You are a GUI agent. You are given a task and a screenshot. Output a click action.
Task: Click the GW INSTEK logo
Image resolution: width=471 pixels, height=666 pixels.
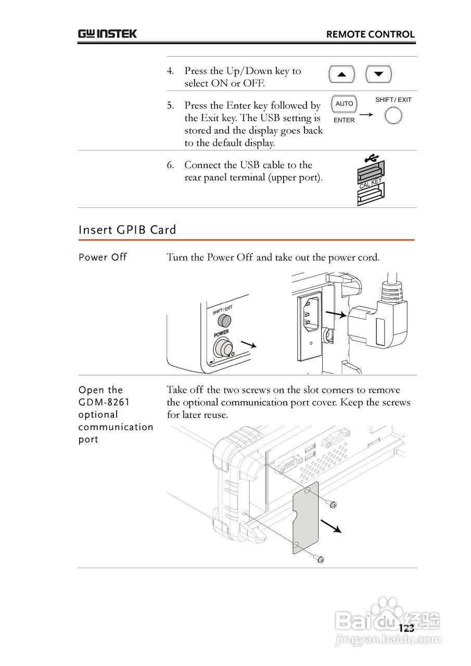(108, 34)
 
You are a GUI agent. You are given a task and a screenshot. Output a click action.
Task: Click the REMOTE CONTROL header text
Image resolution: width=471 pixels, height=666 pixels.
(370, 35)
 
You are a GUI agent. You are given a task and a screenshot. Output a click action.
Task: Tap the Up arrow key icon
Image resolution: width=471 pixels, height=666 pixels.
(342, 74)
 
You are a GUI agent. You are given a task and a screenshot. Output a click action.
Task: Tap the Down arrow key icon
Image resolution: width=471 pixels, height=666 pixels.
(378, 74)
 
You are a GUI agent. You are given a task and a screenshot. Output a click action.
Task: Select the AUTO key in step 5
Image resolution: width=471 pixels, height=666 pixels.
(344, 104)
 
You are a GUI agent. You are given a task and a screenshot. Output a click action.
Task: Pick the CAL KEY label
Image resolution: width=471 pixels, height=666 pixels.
(371, 183)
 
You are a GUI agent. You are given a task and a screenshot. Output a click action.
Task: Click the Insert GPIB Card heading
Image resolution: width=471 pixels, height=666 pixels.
(128, 230)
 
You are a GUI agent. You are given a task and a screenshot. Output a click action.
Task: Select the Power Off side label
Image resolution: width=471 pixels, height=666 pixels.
(103, 258)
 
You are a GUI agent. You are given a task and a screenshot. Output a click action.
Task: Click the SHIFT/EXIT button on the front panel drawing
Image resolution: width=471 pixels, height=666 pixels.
(224, 319)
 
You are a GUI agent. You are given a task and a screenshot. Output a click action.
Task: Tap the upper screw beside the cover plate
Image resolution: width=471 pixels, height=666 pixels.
(332, 504)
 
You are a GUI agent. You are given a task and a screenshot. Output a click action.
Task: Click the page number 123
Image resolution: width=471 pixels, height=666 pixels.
(406, 628)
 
